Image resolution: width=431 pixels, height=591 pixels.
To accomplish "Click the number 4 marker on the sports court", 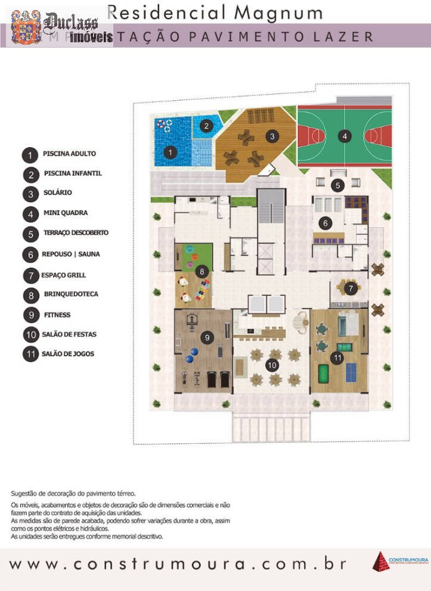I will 344,136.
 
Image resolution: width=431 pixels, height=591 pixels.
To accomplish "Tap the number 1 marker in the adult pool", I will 170,153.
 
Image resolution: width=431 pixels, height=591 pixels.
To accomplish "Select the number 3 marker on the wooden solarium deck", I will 272,136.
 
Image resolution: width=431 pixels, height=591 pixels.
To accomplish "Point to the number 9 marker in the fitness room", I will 207,337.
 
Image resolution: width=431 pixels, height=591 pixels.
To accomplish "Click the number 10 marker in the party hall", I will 272,364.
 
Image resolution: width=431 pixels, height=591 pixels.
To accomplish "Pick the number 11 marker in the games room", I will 337,358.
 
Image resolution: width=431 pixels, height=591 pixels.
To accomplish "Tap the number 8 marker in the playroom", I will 203,272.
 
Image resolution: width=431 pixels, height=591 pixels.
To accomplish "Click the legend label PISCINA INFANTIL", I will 72,173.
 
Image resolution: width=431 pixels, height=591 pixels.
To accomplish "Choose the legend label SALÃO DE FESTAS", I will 69,334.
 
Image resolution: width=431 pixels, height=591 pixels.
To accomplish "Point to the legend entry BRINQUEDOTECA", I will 71,294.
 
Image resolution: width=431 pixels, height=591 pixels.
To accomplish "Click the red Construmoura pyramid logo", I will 380,561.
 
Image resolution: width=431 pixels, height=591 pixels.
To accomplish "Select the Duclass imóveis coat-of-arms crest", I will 27,28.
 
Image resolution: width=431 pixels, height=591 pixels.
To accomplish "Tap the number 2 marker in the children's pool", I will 206,126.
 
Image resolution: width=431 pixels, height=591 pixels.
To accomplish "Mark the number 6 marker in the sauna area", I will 325,223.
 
